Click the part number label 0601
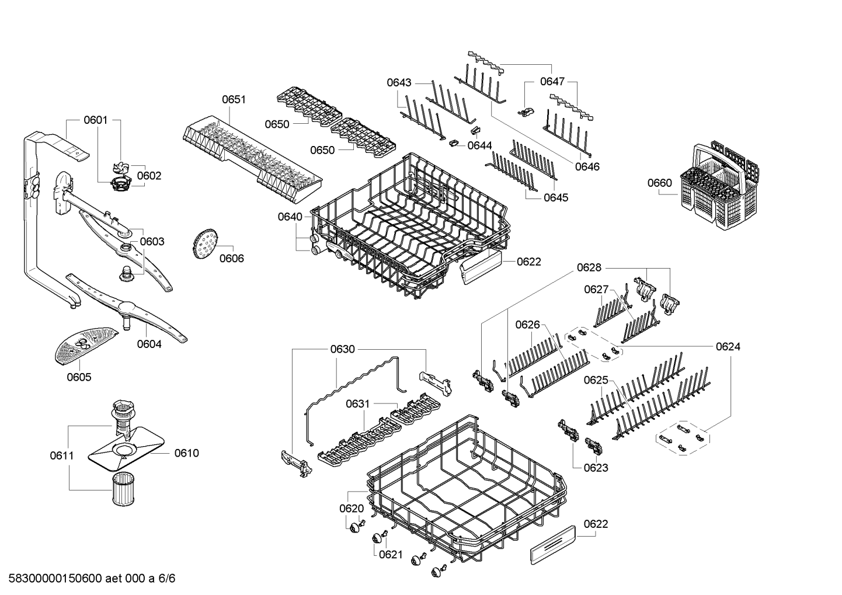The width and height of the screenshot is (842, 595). [x=95, y=120]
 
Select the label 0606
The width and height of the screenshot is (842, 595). [x=232, y=259]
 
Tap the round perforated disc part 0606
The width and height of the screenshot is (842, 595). [x=204, y=244]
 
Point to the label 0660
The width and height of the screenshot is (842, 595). [x=660, y=183]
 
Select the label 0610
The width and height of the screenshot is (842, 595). [x=186, y=453]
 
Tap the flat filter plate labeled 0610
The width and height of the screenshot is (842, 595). [x=124, y=451]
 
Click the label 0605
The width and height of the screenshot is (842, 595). [x=79, y=377]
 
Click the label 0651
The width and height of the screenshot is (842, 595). [x=234, y=100]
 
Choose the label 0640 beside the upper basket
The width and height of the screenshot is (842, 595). [x=290, y=217]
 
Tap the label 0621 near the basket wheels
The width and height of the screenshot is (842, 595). [x=391, y=554]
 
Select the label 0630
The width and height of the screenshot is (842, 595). [x=343, y=349]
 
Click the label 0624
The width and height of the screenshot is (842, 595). [x=728, y=347]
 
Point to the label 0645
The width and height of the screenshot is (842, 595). [x=556, y=197]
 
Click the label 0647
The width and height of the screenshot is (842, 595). [x=552, y=81]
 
